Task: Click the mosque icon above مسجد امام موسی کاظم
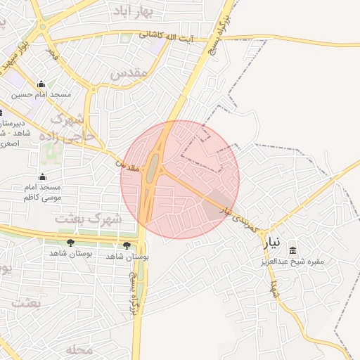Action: (x=42, y=176)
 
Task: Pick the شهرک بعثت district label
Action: (x=89, y=219)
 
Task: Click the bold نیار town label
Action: (x=272, y=243)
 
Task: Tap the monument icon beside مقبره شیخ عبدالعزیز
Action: (x=293, y=251)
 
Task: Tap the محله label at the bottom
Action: (x=79, y=349)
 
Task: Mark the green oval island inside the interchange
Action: (x=153, y=169)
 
